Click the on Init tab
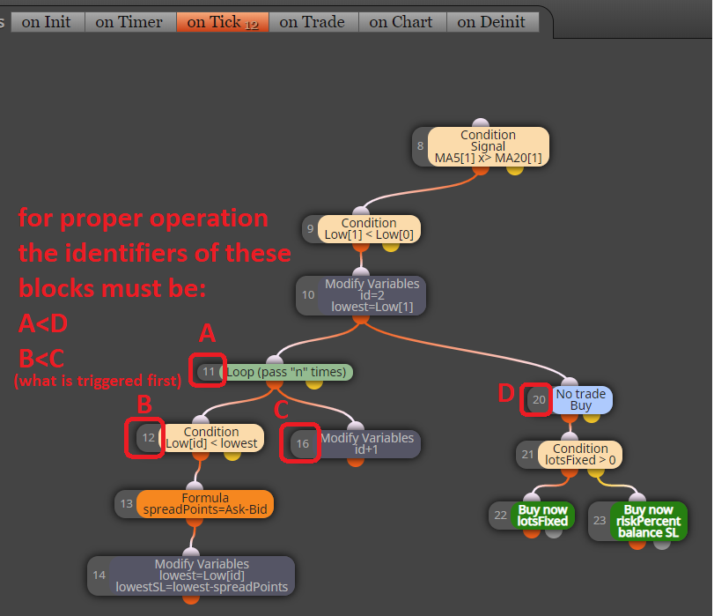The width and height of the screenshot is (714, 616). tap(48, 22)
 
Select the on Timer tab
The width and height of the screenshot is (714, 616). tap(130, 22)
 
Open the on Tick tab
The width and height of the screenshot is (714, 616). tap(223, 22)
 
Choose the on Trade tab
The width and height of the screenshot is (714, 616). tap(313, 22)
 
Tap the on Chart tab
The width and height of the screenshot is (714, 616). tap(402, 22)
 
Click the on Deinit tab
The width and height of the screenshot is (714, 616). tap(493, 22)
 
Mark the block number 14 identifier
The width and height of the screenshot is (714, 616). tap(99, 575)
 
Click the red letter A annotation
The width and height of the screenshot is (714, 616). tap(207, 333)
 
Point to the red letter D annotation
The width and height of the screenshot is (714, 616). tap(506, 393)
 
